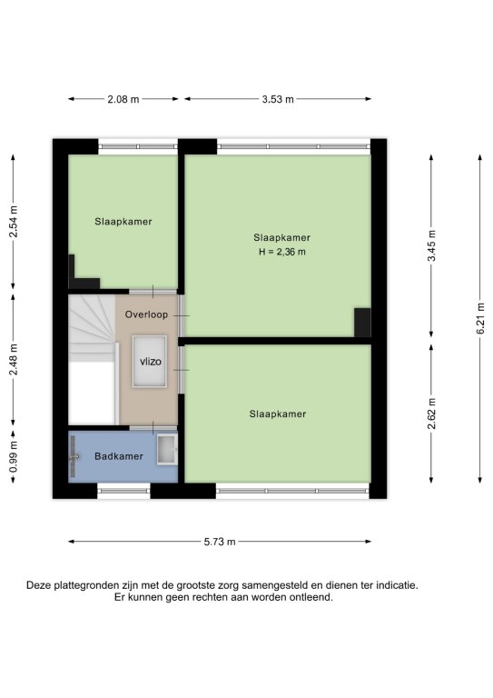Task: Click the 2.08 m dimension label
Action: coord(123,99)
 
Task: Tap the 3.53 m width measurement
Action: coord(278,99)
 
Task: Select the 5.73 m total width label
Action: coord(220,542)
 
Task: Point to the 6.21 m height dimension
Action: coord(480,318)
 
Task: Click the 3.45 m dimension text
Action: coord(431,245)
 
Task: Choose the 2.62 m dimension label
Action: coord(431,414)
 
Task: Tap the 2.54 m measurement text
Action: coord(14,221)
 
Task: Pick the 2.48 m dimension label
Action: coord(14,359)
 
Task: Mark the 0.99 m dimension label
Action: coord(14,456)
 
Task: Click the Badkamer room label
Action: coord(119,456)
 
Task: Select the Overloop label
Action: coord(146,314)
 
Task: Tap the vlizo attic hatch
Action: coord(150,362)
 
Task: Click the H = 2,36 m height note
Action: coord(282,252)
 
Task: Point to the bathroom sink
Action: coord(167,450)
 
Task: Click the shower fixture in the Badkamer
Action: coord(74,456)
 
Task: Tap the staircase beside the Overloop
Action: coord(92,360)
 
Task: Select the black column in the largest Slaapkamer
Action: coord(362,323)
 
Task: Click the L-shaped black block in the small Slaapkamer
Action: coord(83,273)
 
